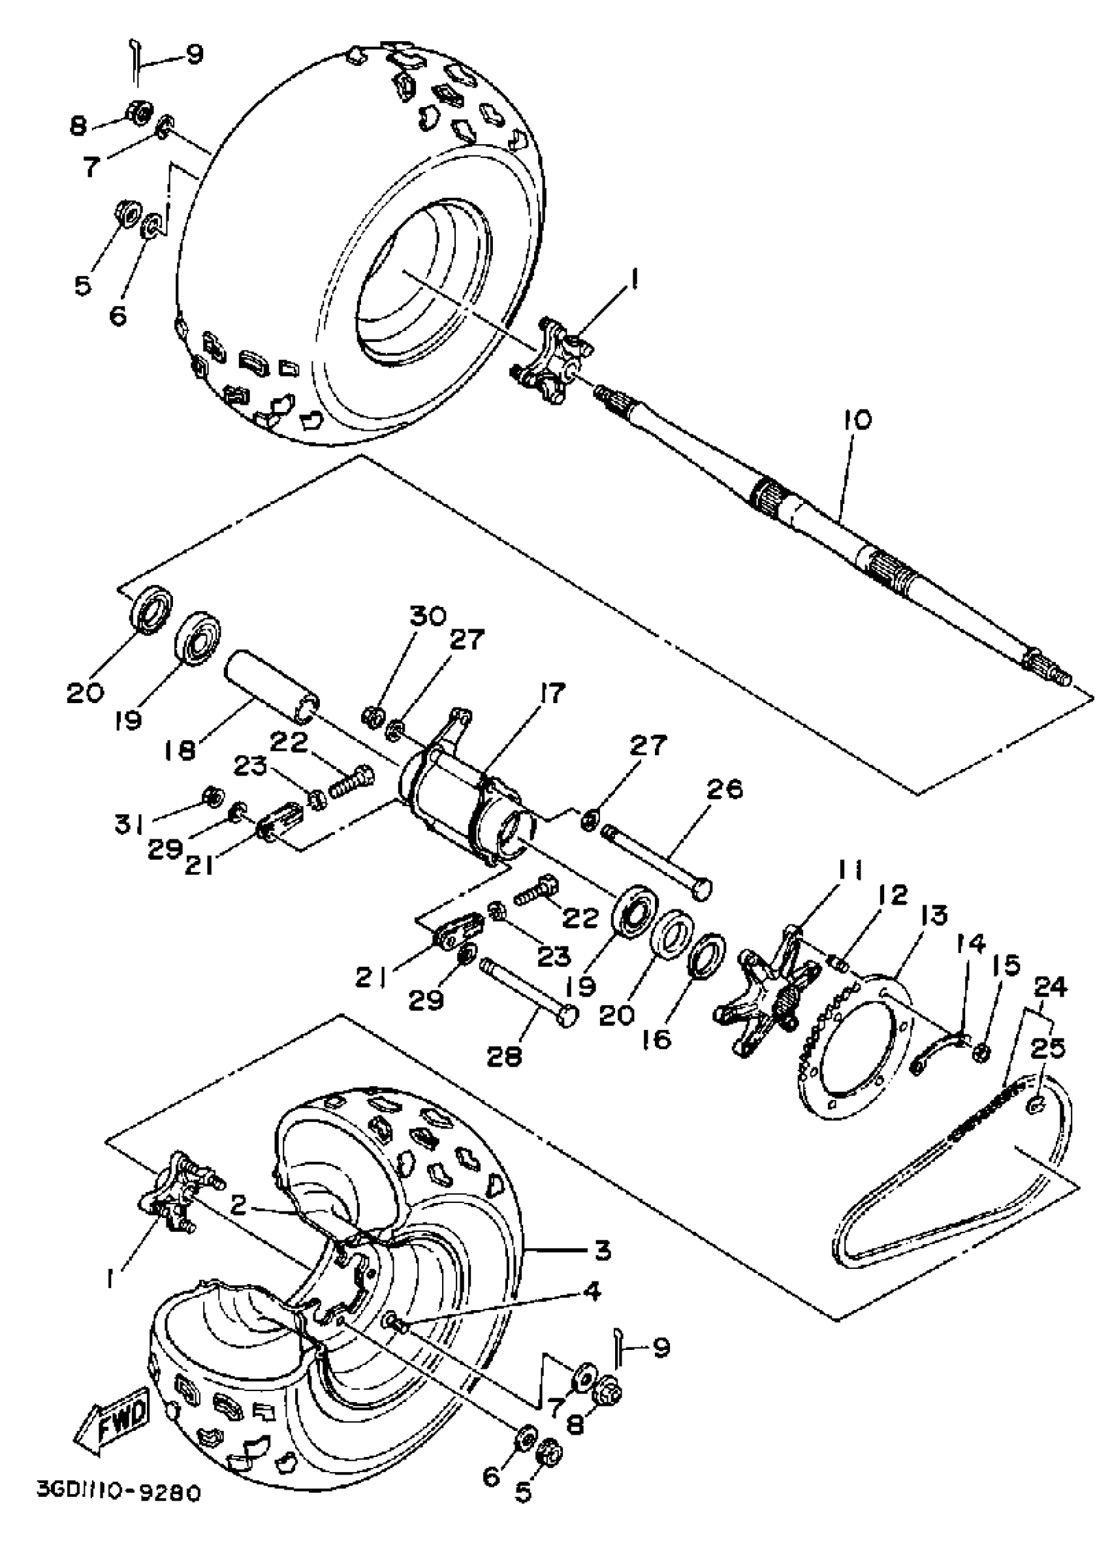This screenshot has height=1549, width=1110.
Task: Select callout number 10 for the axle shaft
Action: click(x=857, y=420)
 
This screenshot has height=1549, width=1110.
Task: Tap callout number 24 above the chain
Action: click(x=1050, y=987)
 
